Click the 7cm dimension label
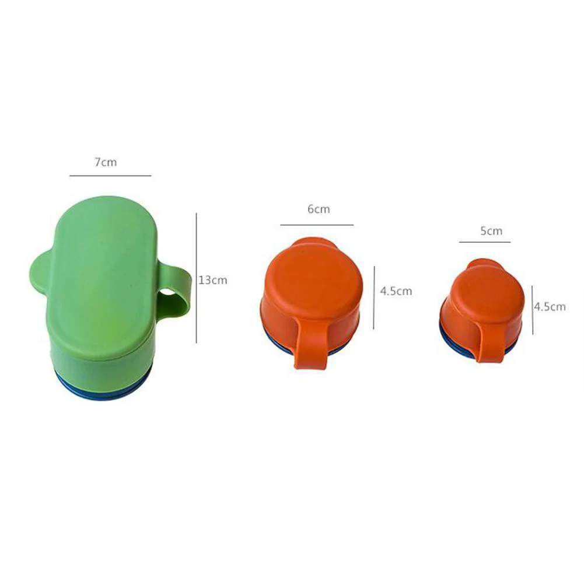(x=106, y=162)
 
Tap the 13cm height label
(x=213, y=280)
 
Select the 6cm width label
(x=319, y=209)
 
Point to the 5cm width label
(x=491, y=231)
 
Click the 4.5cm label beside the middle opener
(x=396, y=291)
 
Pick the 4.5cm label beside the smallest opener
(x=550, y=306)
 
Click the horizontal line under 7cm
(x=111, y=176)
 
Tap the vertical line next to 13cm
(x=196, y=278)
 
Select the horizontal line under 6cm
(x=317, y=225)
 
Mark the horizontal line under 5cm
(x=485, y=242)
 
